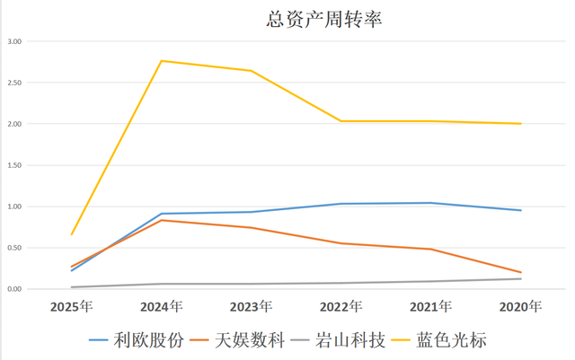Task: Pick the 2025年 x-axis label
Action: (72, 307)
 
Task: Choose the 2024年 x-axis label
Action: (162, 307)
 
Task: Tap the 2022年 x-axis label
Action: (341, 307)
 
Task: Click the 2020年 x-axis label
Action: (521, 307)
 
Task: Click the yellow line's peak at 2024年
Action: (162, 60)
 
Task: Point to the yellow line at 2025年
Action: (72, 234)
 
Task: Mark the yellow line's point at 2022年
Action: (341, 121)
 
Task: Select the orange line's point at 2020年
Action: (521, 272)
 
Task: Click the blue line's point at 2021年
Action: (431, 203)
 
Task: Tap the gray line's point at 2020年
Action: (521, 278)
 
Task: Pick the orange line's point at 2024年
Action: (162, 220)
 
